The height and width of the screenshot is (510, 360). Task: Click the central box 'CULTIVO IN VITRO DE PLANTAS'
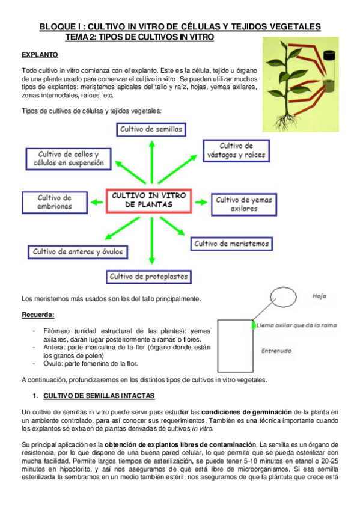[149, 201]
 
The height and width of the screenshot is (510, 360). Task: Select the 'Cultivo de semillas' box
[151, 129]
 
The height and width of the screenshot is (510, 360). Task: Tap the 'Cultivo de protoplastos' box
[148, 277]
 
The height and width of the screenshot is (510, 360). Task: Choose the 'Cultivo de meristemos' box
[231, 244]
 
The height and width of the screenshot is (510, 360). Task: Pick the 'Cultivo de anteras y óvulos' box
[78, 252]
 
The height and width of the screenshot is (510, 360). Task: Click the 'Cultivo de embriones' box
[55, 202]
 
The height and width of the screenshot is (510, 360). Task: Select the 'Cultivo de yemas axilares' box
[244, 204]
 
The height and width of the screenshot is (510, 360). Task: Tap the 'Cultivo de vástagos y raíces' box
[236, 150]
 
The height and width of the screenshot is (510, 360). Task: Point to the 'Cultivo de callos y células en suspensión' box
[69, 159]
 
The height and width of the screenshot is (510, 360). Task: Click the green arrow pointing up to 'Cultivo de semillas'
[151, 162]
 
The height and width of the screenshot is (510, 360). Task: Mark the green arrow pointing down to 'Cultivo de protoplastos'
[151, 241]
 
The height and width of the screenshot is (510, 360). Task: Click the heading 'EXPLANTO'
[40, 55]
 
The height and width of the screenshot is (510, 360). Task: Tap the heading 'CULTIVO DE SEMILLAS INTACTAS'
[99, 396]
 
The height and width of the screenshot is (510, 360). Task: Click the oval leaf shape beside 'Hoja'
[283, 297]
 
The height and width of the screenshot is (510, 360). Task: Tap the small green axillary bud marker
[254, 325]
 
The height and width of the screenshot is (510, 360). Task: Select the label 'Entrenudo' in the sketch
[276, 351]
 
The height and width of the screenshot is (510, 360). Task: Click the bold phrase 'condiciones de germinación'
[246, 412]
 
